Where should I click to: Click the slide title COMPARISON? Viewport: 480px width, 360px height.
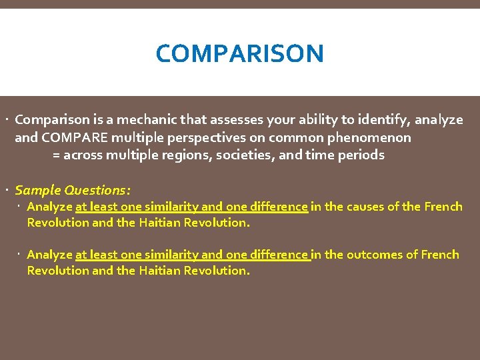click(239, 53)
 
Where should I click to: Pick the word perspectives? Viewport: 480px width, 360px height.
click(209, 138)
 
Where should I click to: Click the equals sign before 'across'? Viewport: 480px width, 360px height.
click(57, 155)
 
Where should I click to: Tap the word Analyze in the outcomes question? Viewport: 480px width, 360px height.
click(49, 255)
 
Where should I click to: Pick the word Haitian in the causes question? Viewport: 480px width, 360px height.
click(159, 223)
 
